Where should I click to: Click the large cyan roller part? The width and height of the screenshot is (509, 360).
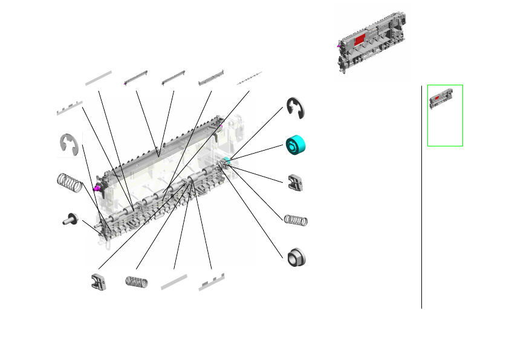click(x=296, y=145)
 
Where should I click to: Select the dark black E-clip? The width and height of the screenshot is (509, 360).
click(x=296, y=108)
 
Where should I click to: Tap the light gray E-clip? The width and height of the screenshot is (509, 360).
click(x=70, y=146)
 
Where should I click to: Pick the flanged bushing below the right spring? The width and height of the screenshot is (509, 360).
click(x=296, y=257)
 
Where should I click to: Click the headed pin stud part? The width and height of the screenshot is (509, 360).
click(x=70, y=220)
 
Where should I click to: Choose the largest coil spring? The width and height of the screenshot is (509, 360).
click(x=70, y=183)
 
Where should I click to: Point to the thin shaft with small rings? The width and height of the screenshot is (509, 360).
click(x=249, y=78)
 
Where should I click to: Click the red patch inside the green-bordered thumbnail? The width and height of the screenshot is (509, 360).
click(x=437, y=97)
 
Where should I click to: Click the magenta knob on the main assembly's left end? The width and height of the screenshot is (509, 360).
click(x=97, y=188)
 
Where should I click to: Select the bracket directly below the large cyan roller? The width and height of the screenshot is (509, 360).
click(x=296, y=182)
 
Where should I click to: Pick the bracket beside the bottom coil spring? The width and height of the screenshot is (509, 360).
click(x=99, y=281)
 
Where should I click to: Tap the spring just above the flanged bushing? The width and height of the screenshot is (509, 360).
click(x=296, y=219)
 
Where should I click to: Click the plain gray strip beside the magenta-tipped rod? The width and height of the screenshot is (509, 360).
click(x=98, y=77)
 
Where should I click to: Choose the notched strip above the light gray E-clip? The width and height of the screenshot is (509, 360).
click(x=70, y=108)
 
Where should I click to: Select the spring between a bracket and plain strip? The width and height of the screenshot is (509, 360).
click(x=136, y=281)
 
